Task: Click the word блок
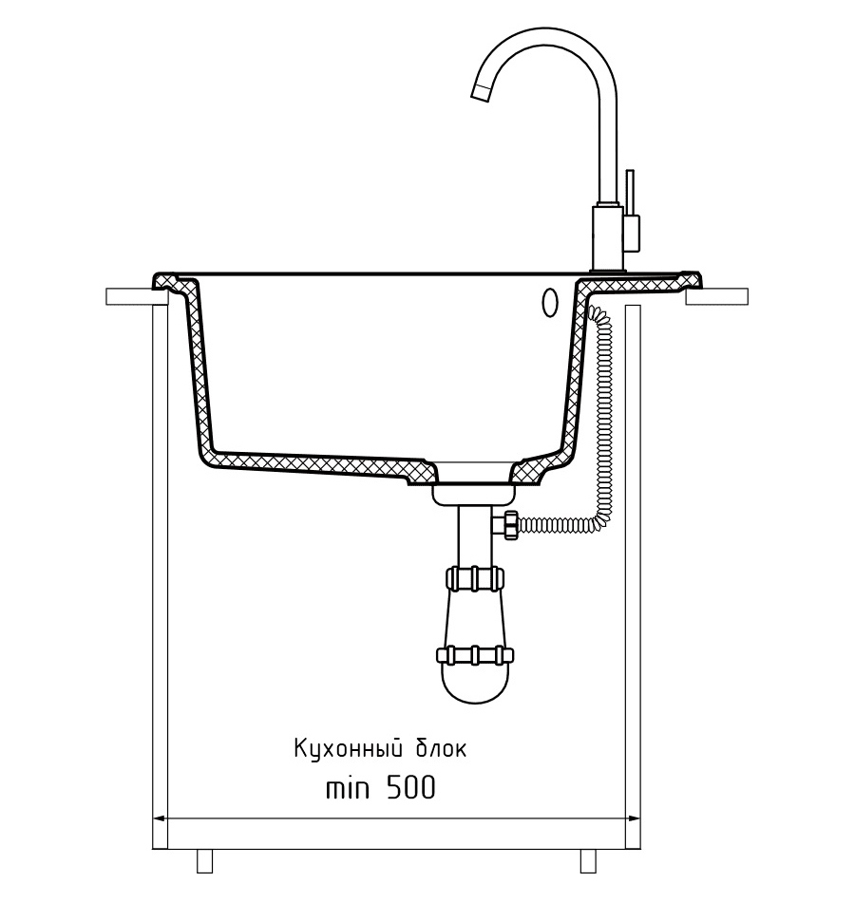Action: [441, 749]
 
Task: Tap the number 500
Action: [410, 787]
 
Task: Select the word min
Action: [347, 788]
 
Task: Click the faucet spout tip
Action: [480, 92]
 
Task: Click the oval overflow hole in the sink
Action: [550, 301]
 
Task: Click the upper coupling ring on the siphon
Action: [474, 577]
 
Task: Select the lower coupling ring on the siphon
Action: [474, 655]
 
